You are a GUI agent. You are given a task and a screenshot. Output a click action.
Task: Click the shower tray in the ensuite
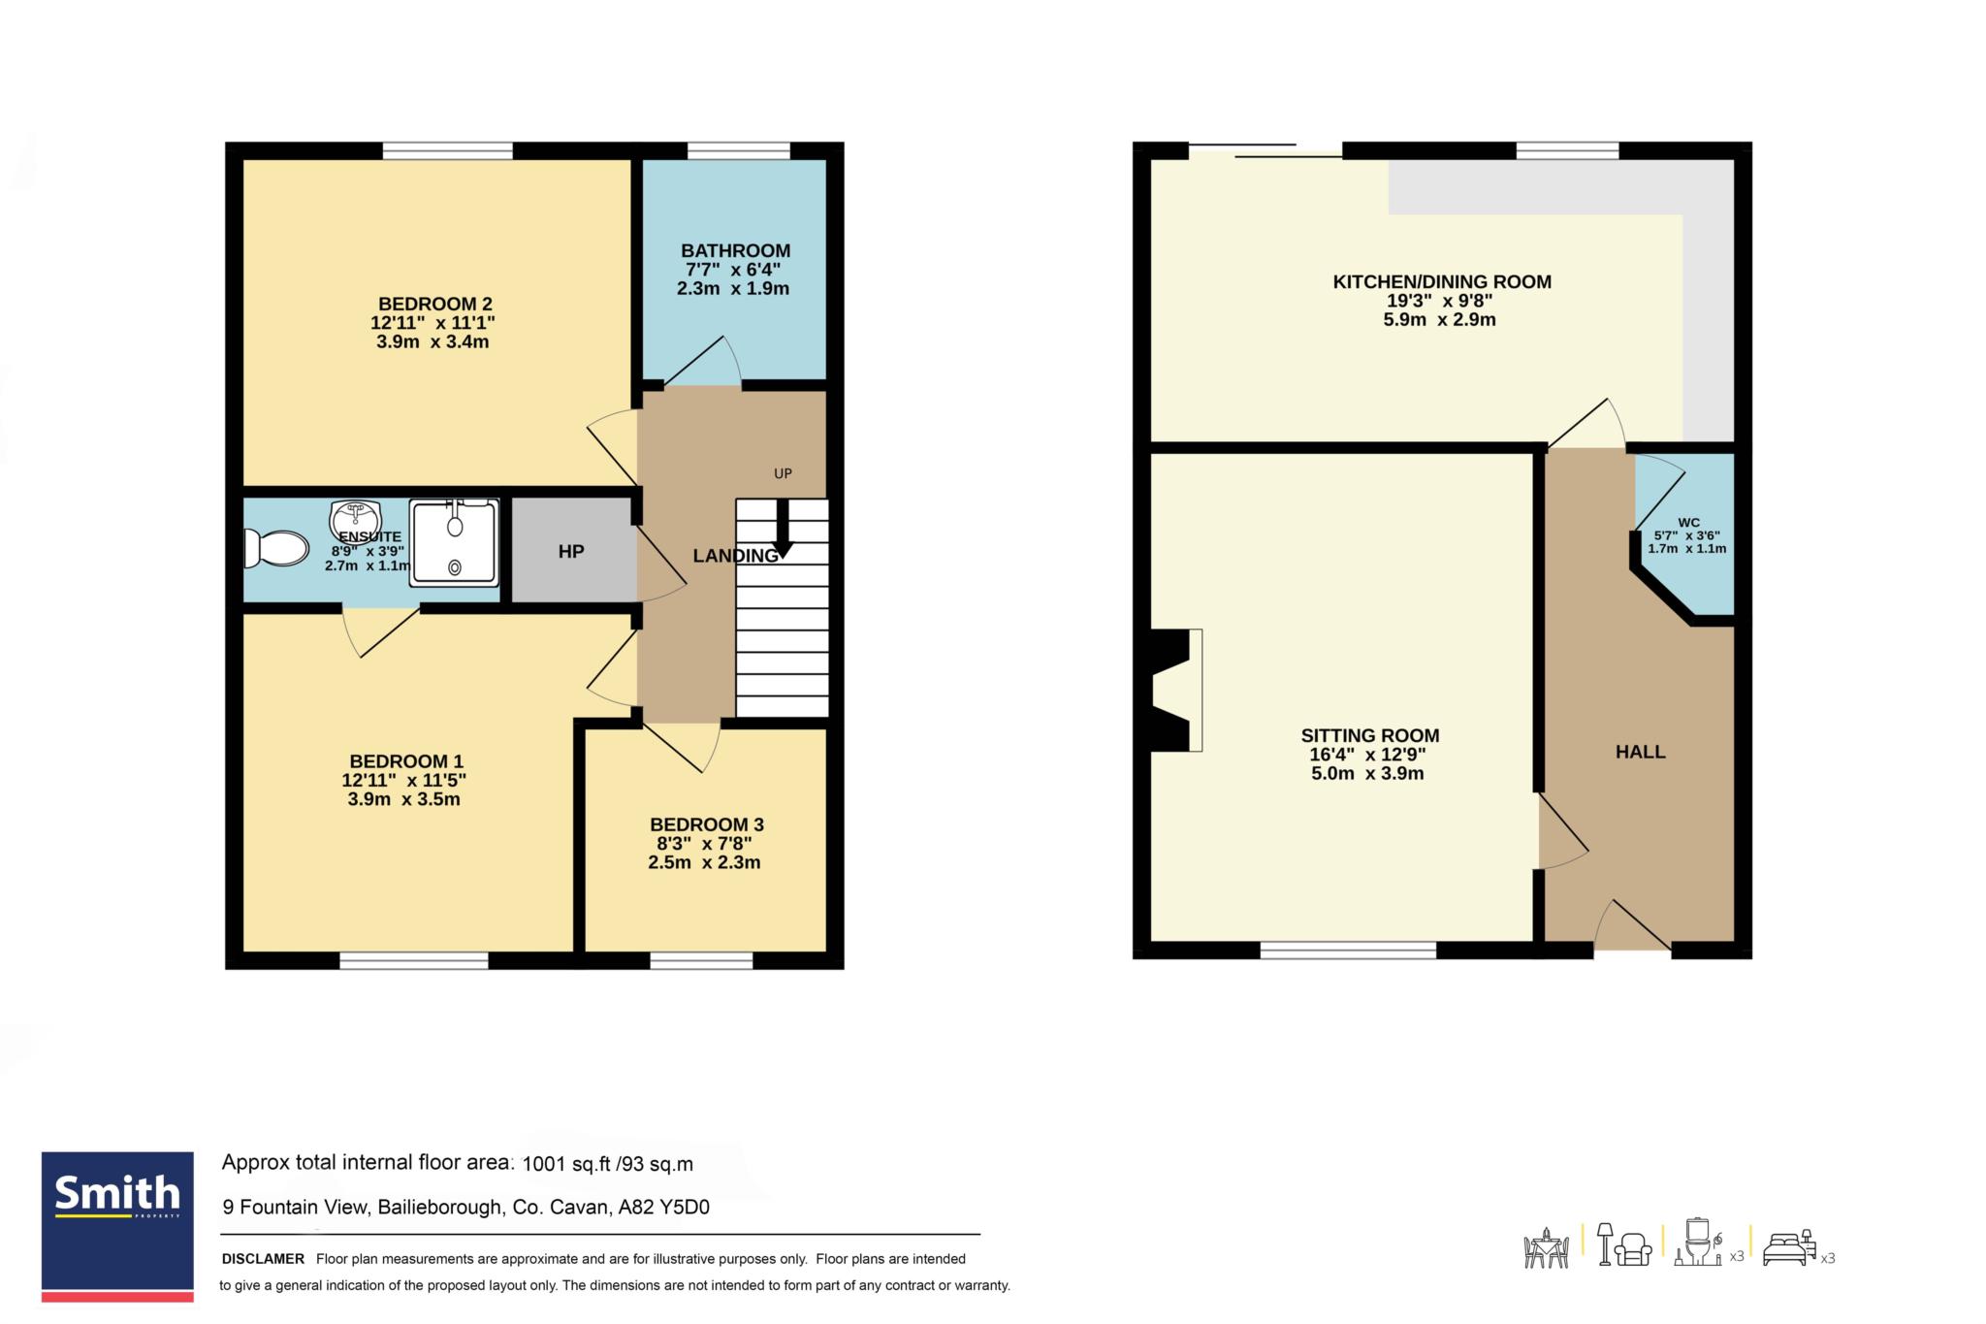pos(455,543)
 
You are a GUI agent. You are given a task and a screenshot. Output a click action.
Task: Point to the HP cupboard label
pos(571,552)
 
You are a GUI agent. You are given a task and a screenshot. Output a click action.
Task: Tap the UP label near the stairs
pos(783,473)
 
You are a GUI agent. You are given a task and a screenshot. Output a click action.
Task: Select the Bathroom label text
pos(735,250)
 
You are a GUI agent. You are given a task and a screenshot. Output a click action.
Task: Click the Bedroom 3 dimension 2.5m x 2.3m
pos(704,862)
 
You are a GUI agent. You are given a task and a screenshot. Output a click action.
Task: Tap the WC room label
pos(1688,523)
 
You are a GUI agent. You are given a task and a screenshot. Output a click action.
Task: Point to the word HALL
pos(1641,752)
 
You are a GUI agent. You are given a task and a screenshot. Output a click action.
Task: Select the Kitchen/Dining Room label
pos(1442,282)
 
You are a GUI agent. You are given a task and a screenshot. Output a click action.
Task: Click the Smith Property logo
pos(117,1227)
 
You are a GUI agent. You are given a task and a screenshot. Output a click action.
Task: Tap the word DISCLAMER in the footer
pos(263,1259)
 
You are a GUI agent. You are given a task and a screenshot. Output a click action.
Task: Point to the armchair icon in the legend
pos(1634,1248)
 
